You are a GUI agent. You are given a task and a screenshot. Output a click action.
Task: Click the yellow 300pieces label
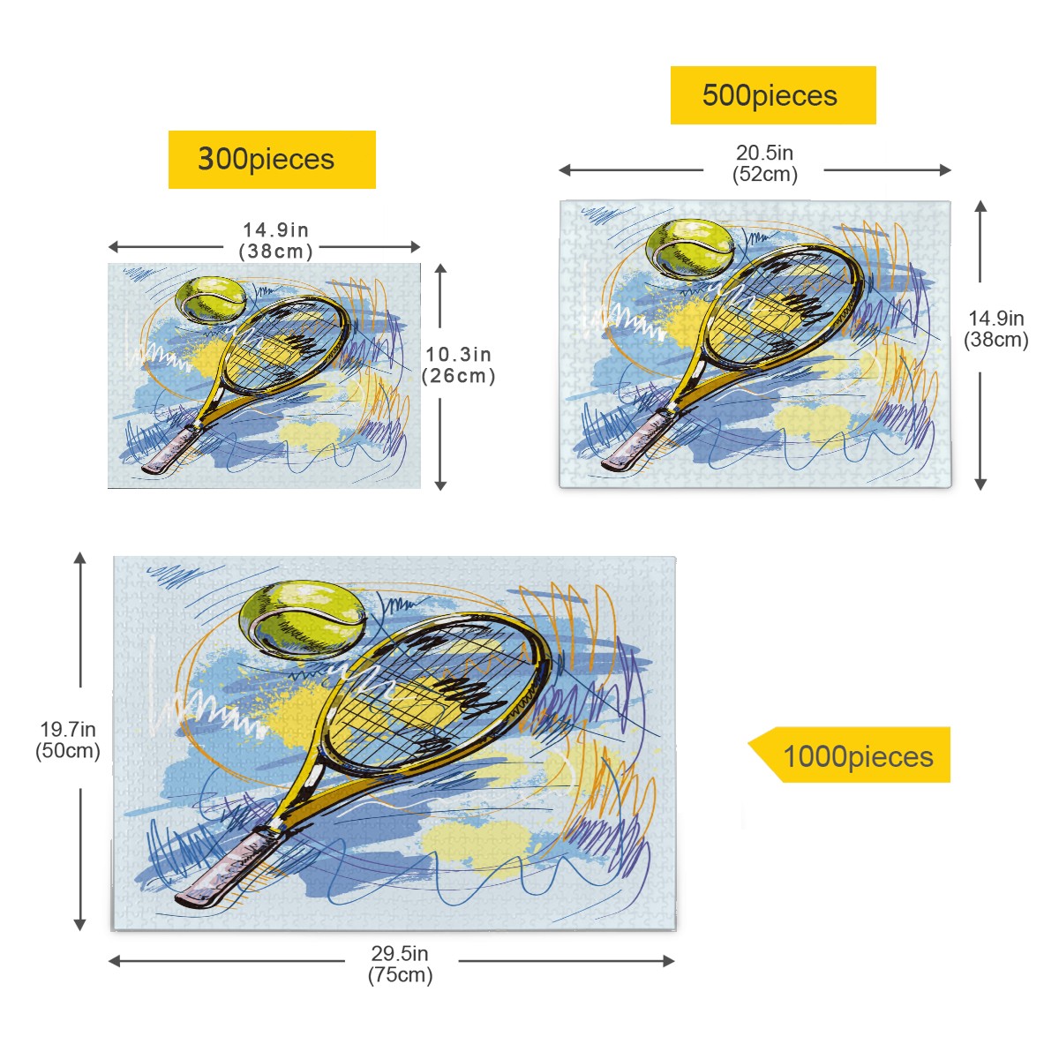tap(272, 160)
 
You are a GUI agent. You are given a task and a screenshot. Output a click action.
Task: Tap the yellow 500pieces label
tap(773, 95)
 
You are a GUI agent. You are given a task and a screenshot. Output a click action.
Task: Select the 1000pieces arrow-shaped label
tap(849, 755)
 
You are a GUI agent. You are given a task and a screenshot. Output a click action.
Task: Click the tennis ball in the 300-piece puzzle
tap(211, 299)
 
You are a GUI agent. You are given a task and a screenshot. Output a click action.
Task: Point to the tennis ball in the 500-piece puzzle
tap(690, 248)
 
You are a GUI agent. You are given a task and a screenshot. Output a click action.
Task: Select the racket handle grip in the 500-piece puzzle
tap(637, 441)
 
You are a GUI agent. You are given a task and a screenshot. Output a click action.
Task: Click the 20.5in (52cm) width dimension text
tap(764, 163)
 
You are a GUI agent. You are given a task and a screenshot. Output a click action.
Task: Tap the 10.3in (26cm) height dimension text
tap(458, 364)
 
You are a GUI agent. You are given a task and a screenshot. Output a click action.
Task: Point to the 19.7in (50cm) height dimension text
tap(68, 740)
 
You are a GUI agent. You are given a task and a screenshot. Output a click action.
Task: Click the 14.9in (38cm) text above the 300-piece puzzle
tap(276, 240)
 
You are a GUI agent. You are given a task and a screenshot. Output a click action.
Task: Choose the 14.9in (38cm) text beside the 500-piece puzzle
tap(995, 328)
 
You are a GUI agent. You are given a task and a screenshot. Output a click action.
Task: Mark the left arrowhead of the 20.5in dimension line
tap(565, 169)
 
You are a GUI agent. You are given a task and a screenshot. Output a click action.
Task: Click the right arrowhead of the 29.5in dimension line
tap(668, 961)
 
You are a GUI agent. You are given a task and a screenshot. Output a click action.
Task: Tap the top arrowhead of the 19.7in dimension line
tap(80, 559)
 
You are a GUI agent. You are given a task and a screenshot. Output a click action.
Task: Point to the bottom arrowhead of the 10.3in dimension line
tap(440, 484)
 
